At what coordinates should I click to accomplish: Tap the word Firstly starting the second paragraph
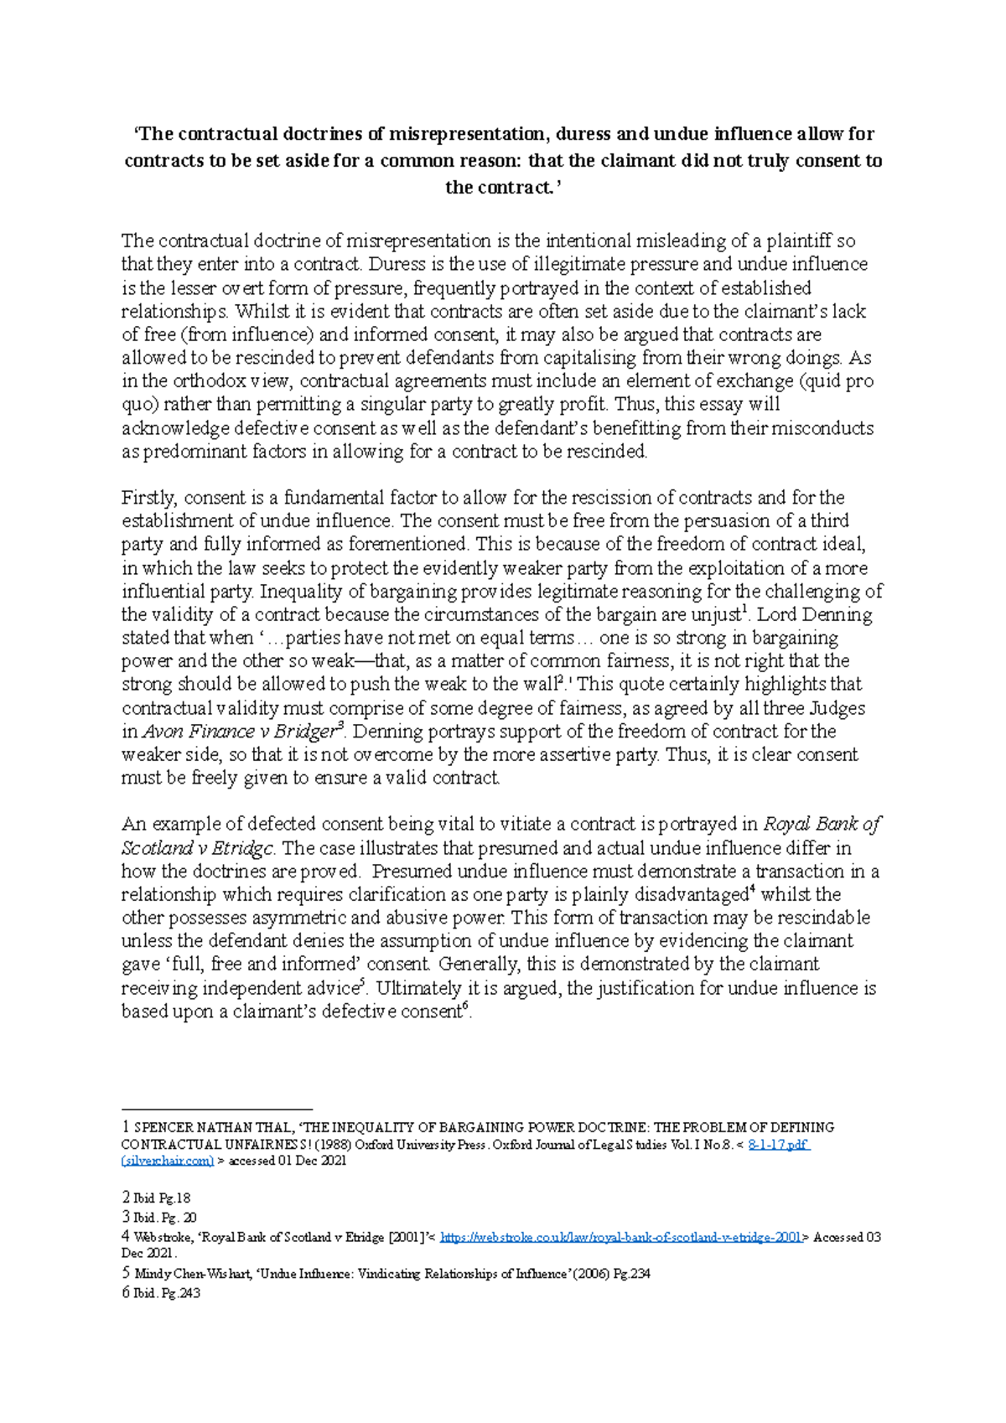point(148,498)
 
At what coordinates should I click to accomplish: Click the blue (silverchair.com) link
point(167,1161)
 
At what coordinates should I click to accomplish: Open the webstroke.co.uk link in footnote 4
point(620,1237)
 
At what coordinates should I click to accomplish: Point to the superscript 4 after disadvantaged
point(753,890)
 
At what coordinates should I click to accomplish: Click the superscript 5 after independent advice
point(362,983)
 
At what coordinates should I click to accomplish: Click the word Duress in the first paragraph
point(398,265)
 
